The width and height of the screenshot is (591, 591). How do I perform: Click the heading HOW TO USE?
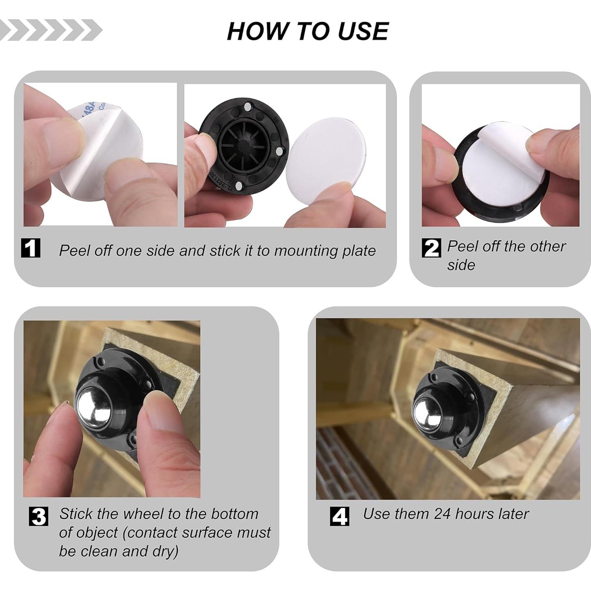tap(308, 31)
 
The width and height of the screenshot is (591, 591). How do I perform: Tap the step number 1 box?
tap(31, 248)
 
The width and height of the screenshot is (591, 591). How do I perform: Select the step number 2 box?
tap(431, 248)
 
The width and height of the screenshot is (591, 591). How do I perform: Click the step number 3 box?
tap(38, 516)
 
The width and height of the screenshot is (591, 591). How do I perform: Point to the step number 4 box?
tap(339, 516)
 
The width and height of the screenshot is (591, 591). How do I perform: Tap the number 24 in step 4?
tap(442, 514)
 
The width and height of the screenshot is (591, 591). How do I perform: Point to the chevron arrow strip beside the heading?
tap(50, 30)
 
